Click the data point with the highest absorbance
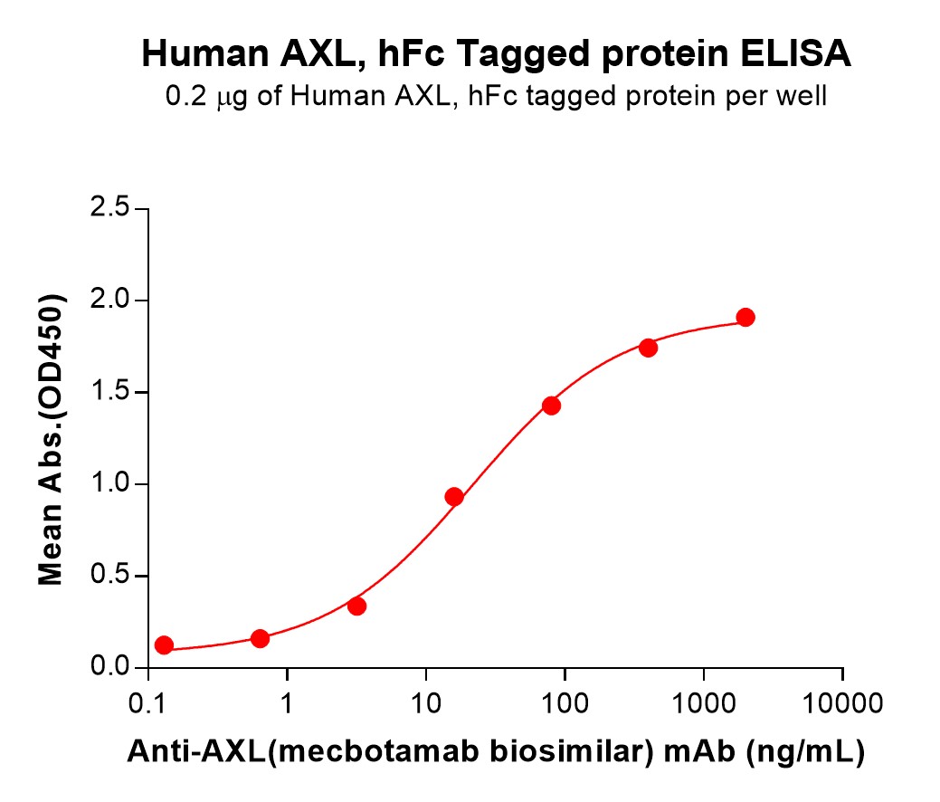[745, 317]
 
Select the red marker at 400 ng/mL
[648, 348]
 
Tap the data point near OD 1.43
[551, 406]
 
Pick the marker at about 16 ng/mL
[454, 496]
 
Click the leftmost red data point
[164, 645]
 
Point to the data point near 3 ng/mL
[356, 606]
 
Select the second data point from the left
[260, 638]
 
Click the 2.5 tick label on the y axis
[109, 209]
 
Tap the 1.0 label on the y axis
[109, 484]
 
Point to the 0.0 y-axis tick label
[109, 668]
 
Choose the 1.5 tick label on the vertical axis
[109, 393]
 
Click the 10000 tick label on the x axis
[842, 702]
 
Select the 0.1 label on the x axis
[147, 702]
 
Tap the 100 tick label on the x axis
[565, 702]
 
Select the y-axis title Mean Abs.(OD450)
[52, 439]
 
